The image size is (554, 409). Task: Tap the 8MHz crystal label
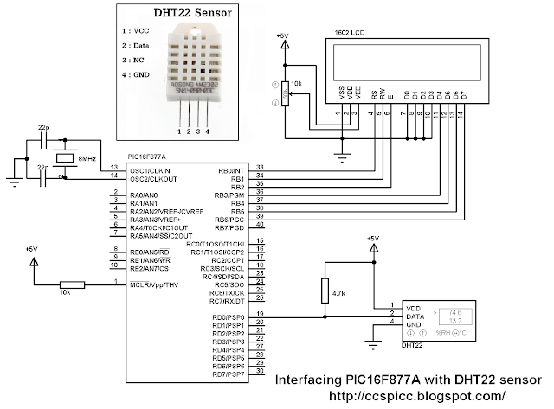click(x=87, y=158)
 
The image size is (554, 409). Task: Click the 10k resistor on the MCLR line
click(x=71, y=284)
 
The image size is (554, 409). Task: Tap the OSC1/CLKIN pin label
click(x=149, y=169)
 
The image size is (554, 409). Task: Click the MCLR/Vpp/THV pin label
click(x=155, y=284)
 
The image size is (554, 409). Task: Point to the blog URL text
click(x=417, y=396)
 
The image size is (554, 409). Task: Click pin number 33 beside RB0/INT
click(x=260, y=167)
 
